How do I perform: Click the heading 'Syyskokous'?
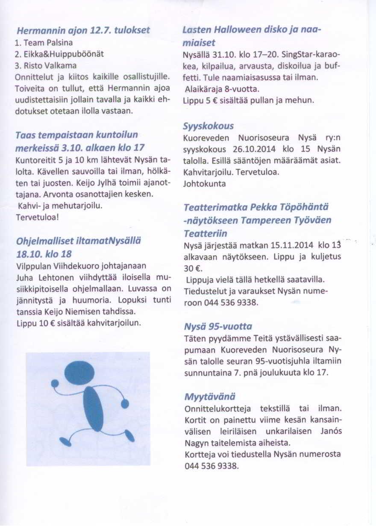[x=208, y=127]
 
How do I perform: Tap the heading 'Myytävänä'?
[x=209, y=396]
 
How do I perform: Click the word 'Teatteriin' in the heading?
[x=205, y=234]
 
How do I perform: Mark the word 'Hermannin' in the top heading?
[x=41, y=31]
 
